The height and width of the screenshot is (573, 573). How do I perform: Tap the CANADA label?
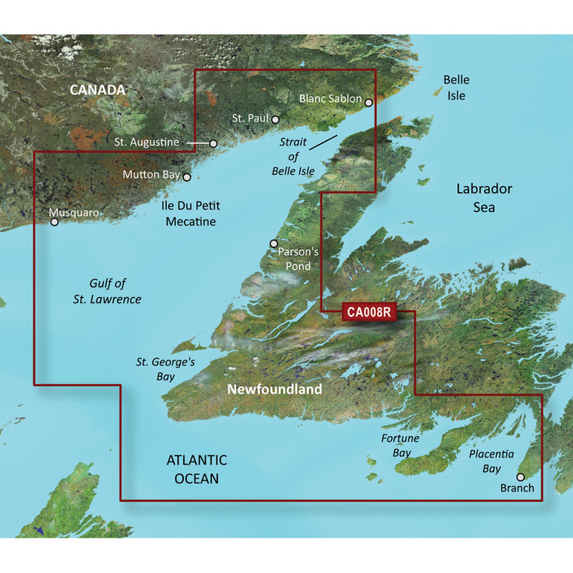(98, 90)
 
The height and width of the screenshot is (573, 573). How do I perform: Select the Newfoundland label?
(275, 390)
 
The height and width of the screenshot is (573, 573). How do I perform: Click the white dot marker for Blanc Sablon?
(369, 103)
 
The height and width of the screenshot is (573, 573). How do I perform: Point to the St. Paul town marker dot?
(276, 119)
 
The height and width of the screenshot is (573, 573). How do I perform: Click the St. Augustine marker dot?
(213, 143)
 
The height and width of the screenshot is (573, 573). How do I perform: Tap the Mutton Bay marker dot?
(187, 178)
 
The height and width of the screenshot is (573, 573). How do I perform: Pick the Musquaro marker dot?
(54, 222)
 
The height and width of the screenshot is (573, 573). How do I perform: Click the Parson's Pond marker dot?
(274, 244)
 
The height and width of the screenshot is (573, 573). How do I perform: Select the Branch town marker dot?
(519, 476)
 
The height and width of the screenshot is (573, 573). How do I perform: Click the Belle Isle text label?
(455, 87)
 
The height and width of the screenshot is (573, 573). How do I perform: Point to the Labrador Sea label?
(484, 198)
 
